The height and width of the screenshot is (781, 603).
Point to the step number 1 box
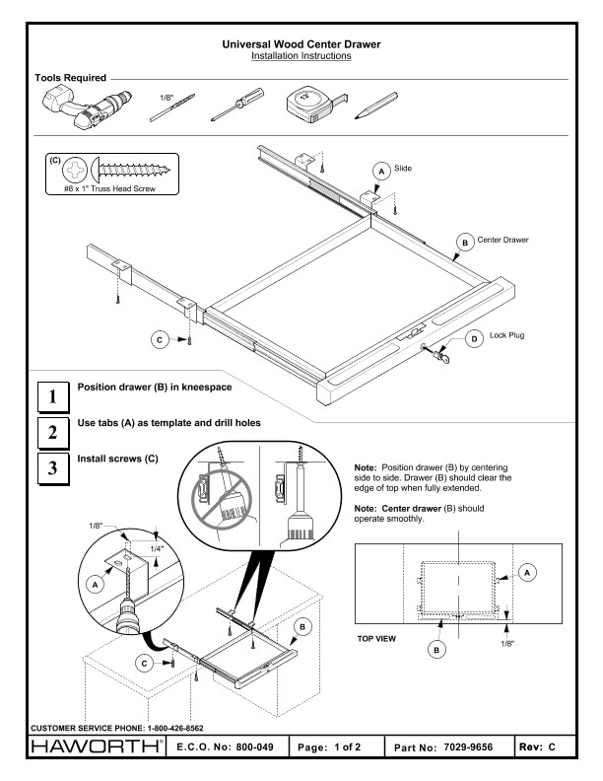point(50,397)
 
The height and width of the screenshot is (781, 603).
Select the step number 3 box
point(50,468)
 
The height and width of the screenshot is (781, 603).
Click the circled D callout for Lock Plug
point(474,340)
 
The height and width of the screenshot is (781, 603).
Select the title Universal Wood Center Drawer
point(301,44)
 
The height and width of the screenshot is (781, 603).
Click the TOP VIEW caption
point(378,638)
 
